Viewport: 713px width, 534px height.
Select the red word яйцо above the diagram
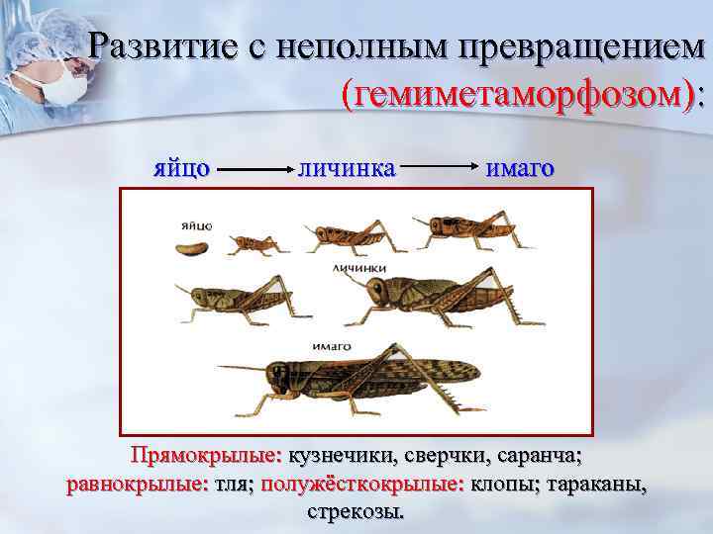tap(180, 167)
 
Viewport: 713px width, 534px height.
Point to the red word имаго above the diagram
tap(520, 167)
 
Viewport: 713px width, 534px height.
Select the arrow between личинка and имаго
tap(440, 168)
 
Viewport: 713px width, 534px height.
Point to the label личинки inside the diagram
tap(358, 267)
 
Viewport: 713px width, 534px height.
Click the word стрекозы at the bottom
tap(356, 513)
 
